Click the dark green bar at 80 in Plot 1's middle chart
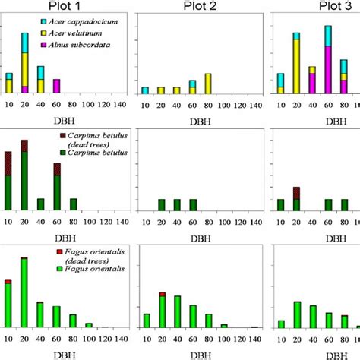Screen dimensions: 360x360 click(73, 204)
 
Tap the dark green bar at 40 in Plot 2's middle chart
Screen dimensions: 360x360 click(177, 204)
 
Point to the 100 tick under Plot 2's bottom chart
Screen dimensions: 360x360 click(224, 336)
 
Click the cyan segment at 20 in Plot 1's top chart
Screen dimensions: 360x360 click(24, 43)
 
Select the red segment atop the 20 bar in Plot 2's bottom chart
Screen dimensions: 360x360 click(162, 294)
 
